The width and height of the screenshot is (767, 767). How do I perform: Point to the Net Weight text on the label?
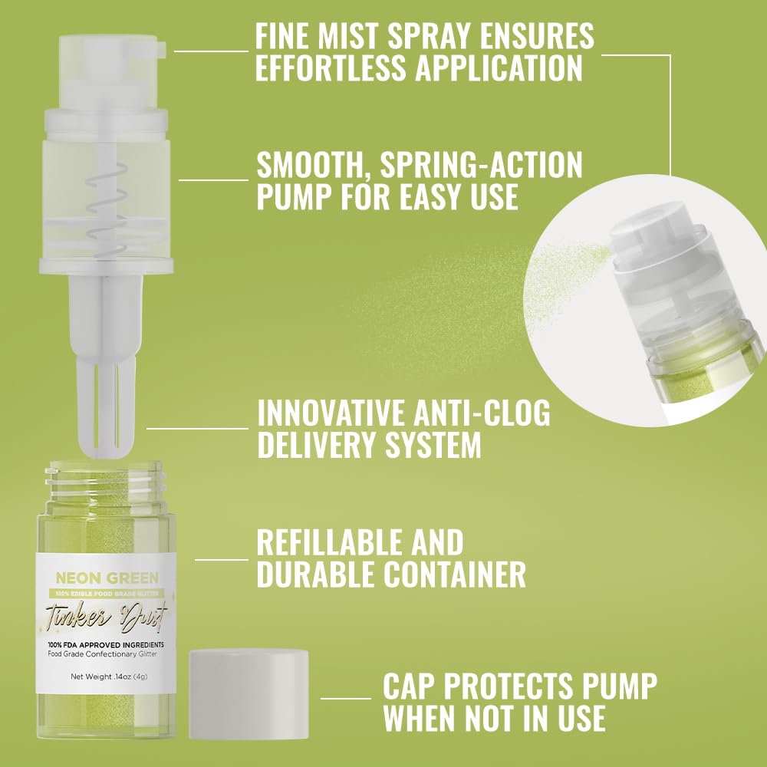tap(112, 676)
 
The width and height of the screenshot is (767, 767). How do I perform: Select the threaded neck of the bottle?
tap(107, 479)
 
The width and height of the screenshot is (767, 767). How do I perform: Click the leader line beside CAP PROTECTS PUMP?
tap(345, 698)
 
